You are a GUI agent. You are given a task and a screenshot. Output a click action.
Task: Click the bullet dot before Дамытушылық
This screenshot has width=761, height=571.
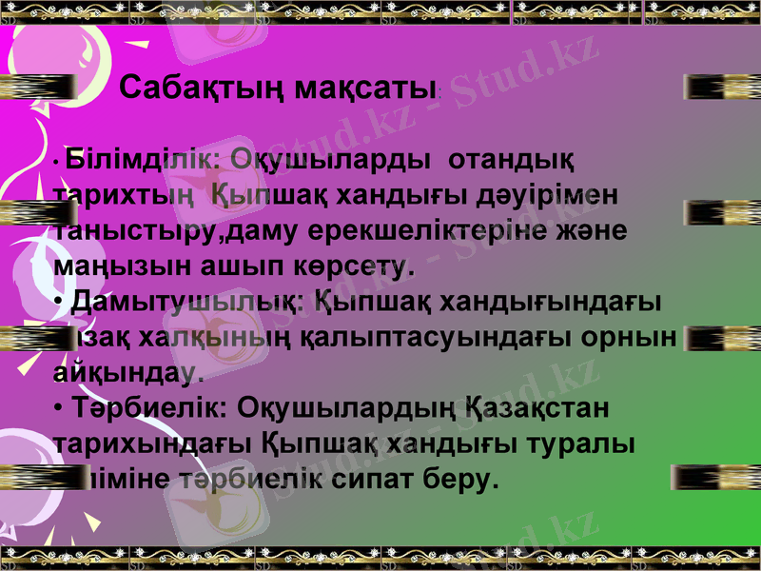point(60,304)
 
